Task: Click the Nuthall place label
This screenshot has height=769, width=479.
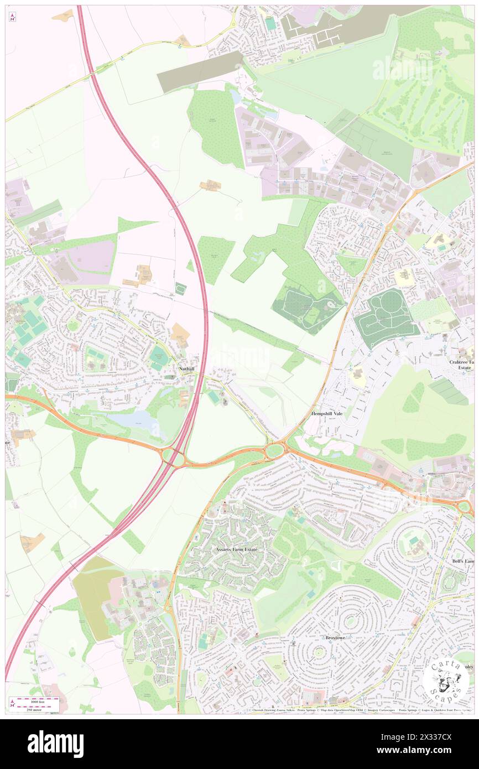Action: [x=186, y=368]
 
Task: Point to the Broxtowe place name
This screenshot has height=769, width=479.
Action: [x=335, y=637]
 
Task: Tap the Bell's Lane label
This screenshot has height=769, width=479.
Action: [x=463, y=561]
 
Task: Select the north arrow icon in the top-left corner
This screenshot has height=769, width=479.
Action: [x=12, y=18]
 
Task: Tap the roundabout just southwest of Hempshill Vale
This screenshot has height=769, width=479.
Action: [x=274, y=450]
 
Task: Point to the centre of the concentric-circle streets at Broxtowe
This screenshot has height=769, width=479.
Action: [x=319, y=652]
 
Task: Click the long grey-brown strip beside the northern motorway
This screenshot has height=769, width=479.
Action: [x=200, y=72]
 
